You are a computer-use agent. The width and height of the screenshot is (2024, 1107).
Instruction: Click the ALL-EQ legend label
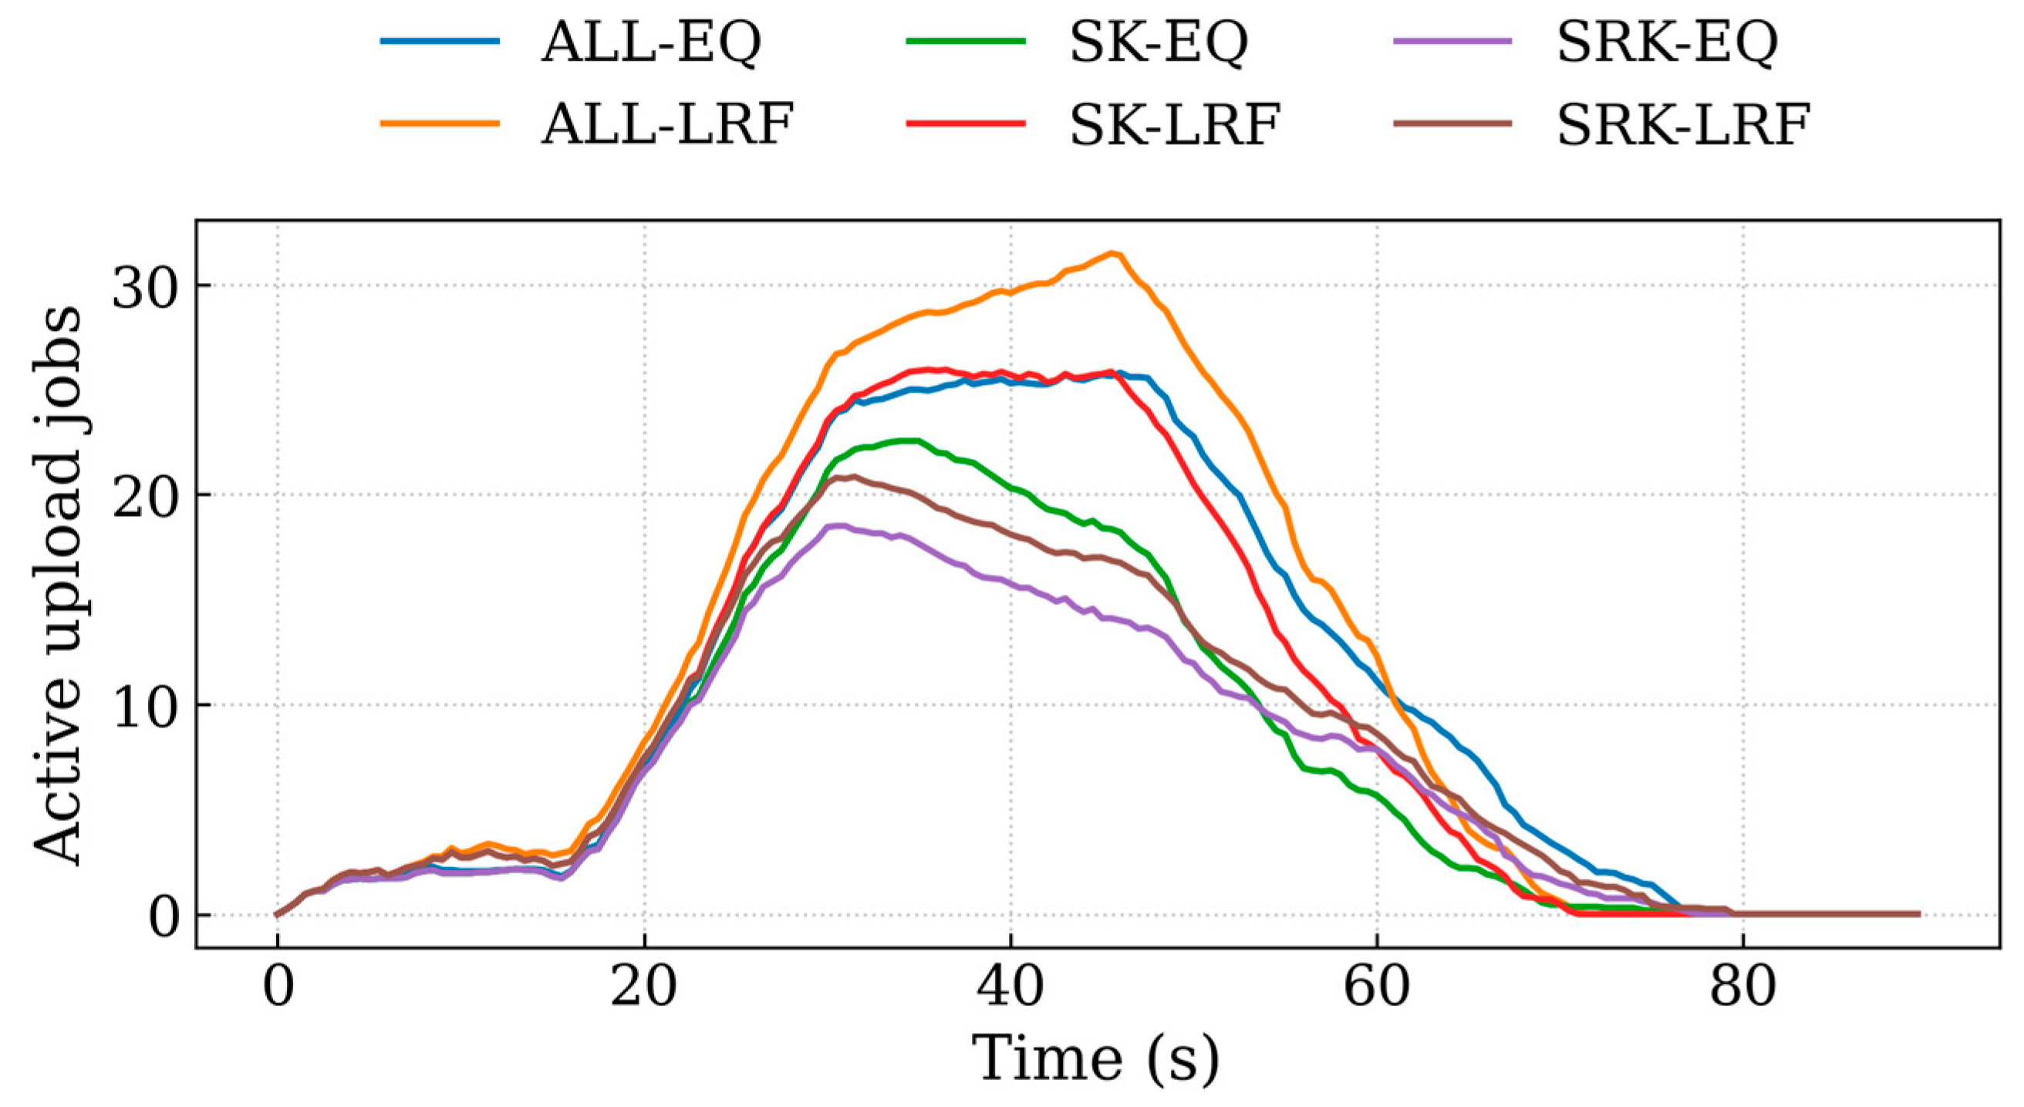tap(651, 42)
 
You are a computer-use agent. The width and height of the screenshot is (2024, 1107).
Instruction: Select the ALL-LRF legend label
tap(668, 124)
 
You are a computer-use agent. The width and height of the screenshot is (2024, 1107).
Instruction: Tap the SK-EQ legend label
tap(1159, 42)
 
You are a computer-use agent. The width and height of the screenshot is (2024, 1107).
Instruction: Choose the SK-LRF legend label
tap(1176, 124)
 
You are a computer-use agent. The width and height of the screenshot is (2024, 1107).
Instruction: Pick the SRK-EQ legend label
tap(1668, 42)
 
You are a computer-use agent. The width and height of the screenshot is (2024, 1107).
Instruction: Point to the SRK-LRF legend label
tap(1684, 124)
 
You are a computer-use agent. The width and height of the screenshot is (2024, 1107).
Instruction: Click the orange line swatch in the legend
tap(440, 123)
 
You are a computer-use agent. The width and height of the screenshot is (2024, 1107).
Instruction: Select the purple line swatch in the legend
tap(1452, 41)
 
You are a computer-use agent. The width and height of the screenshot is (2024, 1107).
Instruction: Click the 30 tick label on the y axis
tap(143, 286)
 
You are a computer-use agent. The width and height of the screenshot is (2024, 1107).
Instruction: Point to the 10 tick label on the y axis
tap(143, 707)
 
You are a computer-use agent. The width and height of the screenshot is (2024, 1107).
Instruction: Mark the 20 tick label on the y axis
tap(143, 496)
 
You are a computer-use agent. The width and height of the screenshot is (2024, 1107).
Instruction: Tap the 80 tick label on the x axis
tap(1743, 987)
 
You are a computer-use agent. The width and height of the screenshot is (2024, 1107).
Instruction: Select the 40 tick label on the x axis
tap(1010, 987)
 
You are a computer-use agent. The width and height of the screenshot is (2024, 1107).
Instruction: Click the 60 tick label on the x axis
tap(1378, 987)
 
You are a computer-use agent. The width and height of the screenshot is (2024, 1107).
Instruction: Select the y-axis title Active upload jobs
tap(59, 585)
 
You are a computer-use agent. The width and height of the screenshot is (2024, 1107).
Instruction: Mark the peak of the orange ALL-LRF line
tap(1112, 253)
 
